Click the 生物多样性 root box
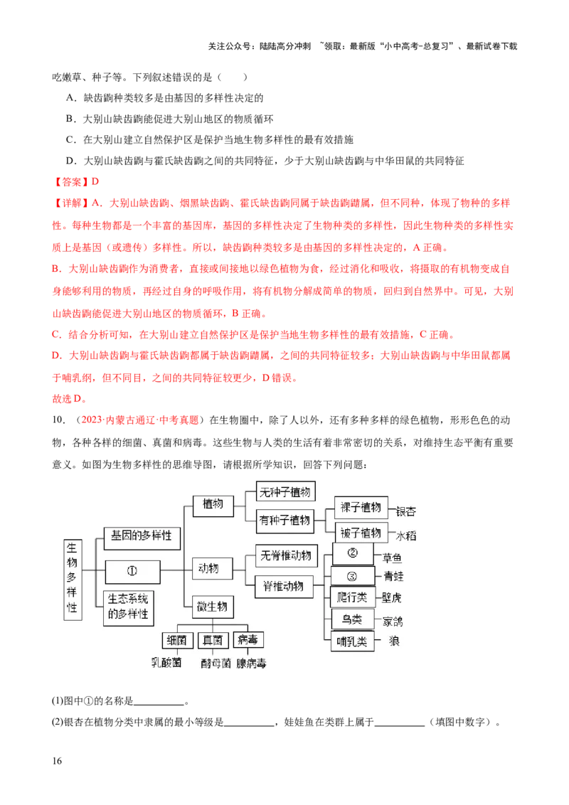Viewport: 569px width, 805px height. pos(73,578)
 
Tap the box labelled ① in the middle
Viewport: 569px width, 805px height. pos(132,570)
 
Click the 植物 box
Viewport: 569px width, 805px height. pos(213,504)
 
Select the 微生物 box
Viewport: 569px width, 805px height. pos(213,607)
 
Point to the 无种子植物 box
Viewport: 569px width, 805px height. pos(286,491)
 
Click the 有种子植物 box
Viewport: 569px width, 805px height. pos(286,521)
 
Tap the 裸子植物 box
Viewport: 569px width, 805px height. pos(361,507)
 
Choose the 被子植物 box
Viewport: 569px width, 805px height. pos(361,533)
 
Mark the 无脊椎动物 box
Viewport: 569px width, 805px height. pos(286,556)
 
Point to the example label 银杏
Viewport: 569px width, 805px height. pos(405,511)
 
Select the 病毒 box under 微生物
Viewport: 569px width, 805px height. pos(248,639)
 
